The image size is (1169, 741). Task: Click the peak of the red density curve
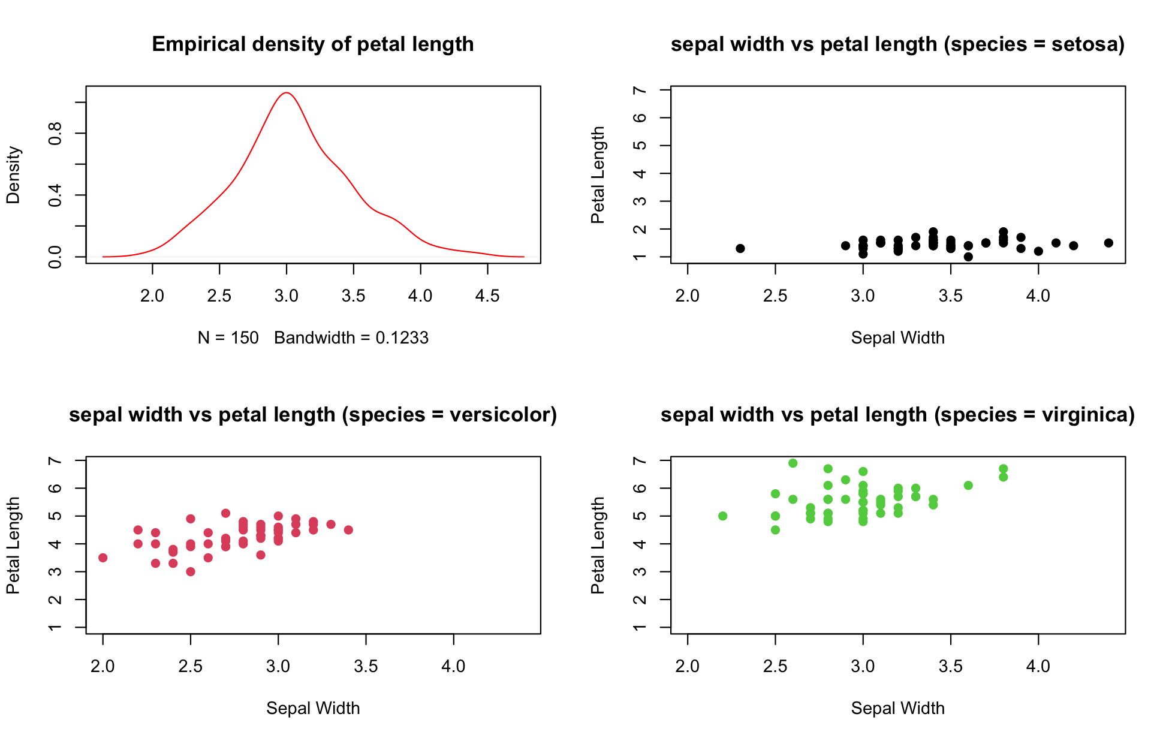287,93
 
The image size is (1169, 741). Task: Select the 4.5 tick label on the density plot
487,296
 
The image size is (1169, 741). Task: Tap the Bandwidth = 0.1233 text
351,338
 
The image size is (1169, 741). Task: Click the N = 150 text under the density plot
228,338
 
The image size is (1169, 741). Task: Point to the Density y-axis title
13,175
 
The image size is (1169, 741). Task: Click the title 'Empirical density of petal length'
312,44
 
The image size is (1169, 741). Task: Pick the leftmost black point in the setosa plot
740,248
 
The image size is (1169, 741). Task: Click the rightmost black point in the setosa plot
1108,243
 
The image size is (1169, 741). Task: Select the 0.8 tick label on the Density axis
55,133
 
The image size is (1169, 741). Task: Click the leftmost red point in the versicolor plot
103,558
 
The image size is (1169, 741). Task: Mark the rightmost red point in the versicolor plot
348,530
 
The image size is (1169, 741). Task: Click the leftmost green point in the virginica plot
723,516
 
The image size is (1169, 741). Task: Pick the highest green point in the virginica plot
793,463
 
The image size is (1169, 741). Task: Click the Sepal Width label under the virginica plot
897,709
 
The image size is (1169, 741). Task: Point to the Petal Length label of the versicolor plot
13,545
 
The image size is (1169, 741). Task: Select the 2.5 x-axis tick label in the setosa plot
775,296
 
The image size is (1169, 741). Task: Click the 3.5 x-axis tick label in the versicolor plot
366,666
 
